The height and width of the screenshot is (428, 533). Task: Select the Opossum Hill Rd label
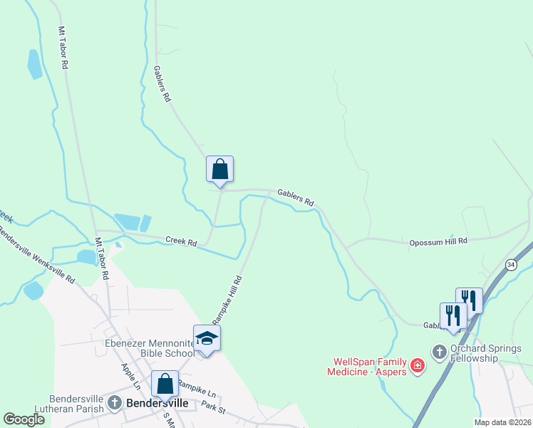click(438, 242)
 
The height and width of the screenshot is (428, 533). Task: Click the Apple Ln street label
click(130, 377)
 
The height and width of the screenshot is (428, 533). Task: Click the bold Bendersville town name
click(157, 403)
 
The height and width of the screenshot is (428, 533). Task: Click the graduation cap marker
click(207, 337)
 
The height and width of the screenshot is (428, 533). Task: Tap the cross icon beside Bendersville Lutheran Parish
click(115, 404)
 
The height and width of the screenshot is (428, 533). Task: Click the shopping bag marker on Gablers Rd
click(220, 169)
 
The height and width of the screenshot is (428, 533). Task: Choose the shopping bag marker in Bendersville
click(165, 384)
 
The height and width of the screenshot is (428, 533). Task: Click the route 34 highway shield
click(510, 265)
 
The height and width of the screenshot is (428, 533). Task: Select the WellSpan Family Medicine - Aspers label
click(366, 367)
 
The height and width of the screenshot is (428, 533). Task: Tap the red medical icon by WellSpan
click(418, 367)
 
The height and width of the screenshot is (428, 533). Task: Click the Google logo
click(24, 419)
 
